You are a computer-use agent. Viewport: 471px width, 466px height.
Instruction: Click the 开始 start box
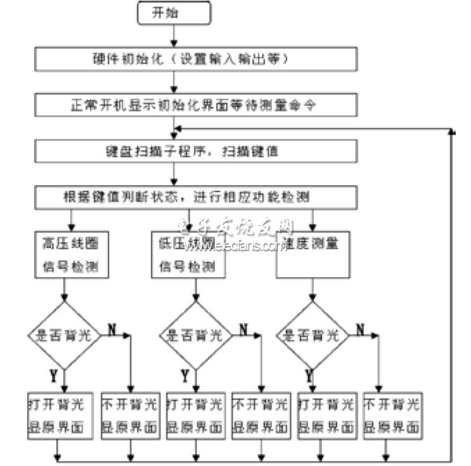click(x=174, y=14)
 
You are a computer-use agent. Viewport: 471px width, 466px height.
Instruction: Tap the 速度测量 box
click(x=311, y=254)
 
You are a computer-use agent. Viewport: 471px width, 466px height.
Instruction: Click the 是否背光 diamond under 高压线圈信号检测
click(x=63, y=335)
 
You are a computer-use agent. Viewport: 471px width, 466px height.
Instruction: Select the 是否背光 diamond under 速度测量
click(x=313, y=335)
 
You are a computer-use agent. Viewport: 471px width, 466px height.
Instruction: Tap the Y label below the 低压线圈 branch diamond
click(x=184, y=377)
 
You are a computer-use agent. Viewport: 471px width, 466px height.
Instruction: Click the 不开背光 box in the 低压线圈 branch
click(x=259, y=415)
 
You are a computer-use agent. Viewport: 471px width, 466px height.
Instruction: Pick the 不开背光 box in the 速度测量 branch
click(x=391, y=415)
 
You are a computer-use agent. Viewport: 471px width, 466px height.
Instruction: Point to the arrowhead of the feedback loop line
click(x=452, y=131)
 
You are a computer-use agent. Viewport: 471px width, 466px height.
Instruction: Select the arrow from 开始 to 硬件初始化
click(x=174, y=36)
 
